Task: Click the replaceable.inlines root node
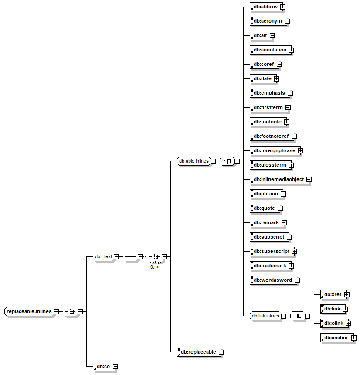point(29,311)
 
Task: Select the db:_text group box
point(103,257)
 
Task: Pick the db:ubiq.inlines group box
point(194,161)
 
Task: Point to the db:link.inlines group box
point(265,316)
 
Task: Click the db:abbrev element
point(265,7)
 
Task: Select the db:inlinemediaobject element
point(278,179)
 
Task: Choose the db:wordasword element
point(272,280)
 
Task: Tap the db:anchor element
point(336,337)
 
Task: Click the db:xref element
point(333,294)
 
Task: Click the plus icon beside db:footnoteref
point(294,136)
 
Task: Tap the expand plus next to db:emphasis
point(290,93)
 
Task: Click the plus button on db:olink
point(349,324)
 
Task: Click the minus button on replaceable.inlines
point(56,312)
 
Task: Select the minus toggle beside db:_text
point(116,257)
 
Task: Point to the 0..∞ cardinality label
point(155,267)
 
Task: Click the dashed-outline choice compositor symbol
point(154,257)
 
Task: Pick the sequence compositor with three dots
point(130,257)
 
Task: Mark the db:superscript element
point(271,251)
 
